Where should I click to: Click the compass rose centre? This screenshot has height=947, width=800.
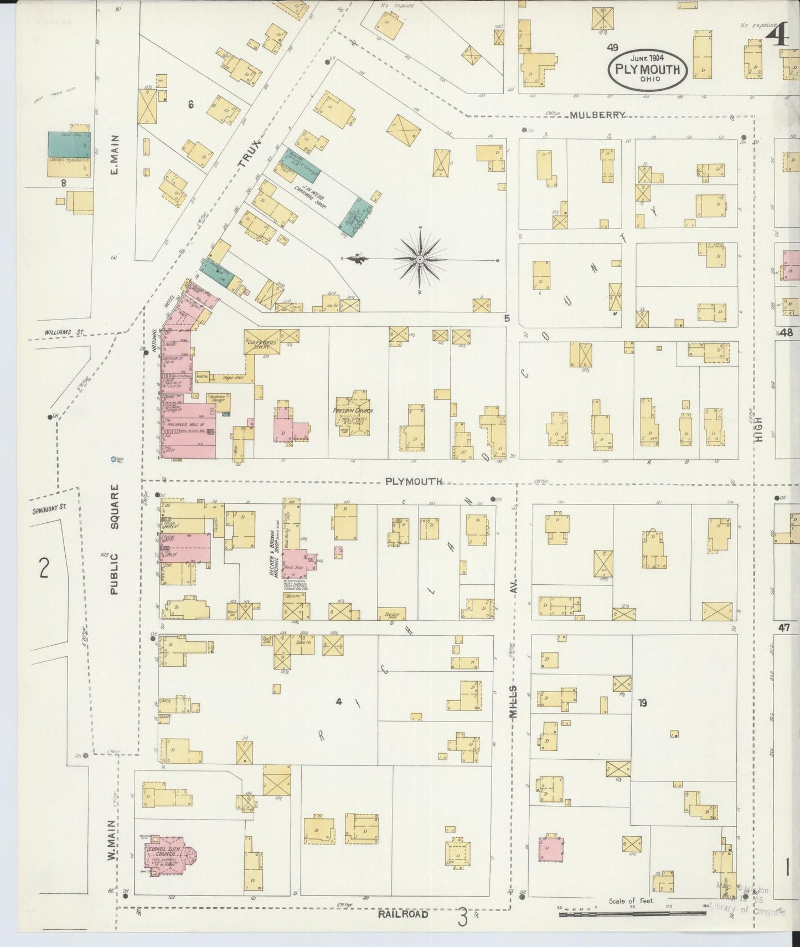[420, 259]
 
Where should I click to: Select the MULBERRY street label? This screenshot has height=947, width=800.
[598, 115]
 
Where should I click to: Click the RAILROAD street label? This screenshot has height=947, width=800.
[403, 914]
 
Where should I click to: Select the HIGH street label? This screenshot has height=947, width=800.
[758, 429]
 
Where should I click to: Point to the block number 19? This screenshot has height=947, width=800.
[642, 703]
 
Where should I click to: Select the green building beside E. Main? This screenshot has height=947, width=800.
[69, 143]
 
